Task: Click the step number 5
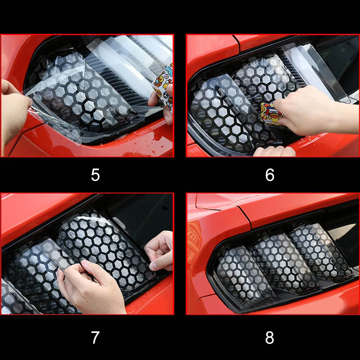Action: tap(95, 175)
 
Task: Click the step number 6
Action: tap(270, 175)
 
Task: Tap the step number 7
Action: tap(95, 337)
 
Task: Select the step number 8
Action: tap(270, 338)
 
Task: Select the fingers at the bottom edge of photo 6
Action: tap(274, 152)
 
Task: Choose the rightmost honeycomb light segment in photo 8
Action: tap(320, 251)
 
